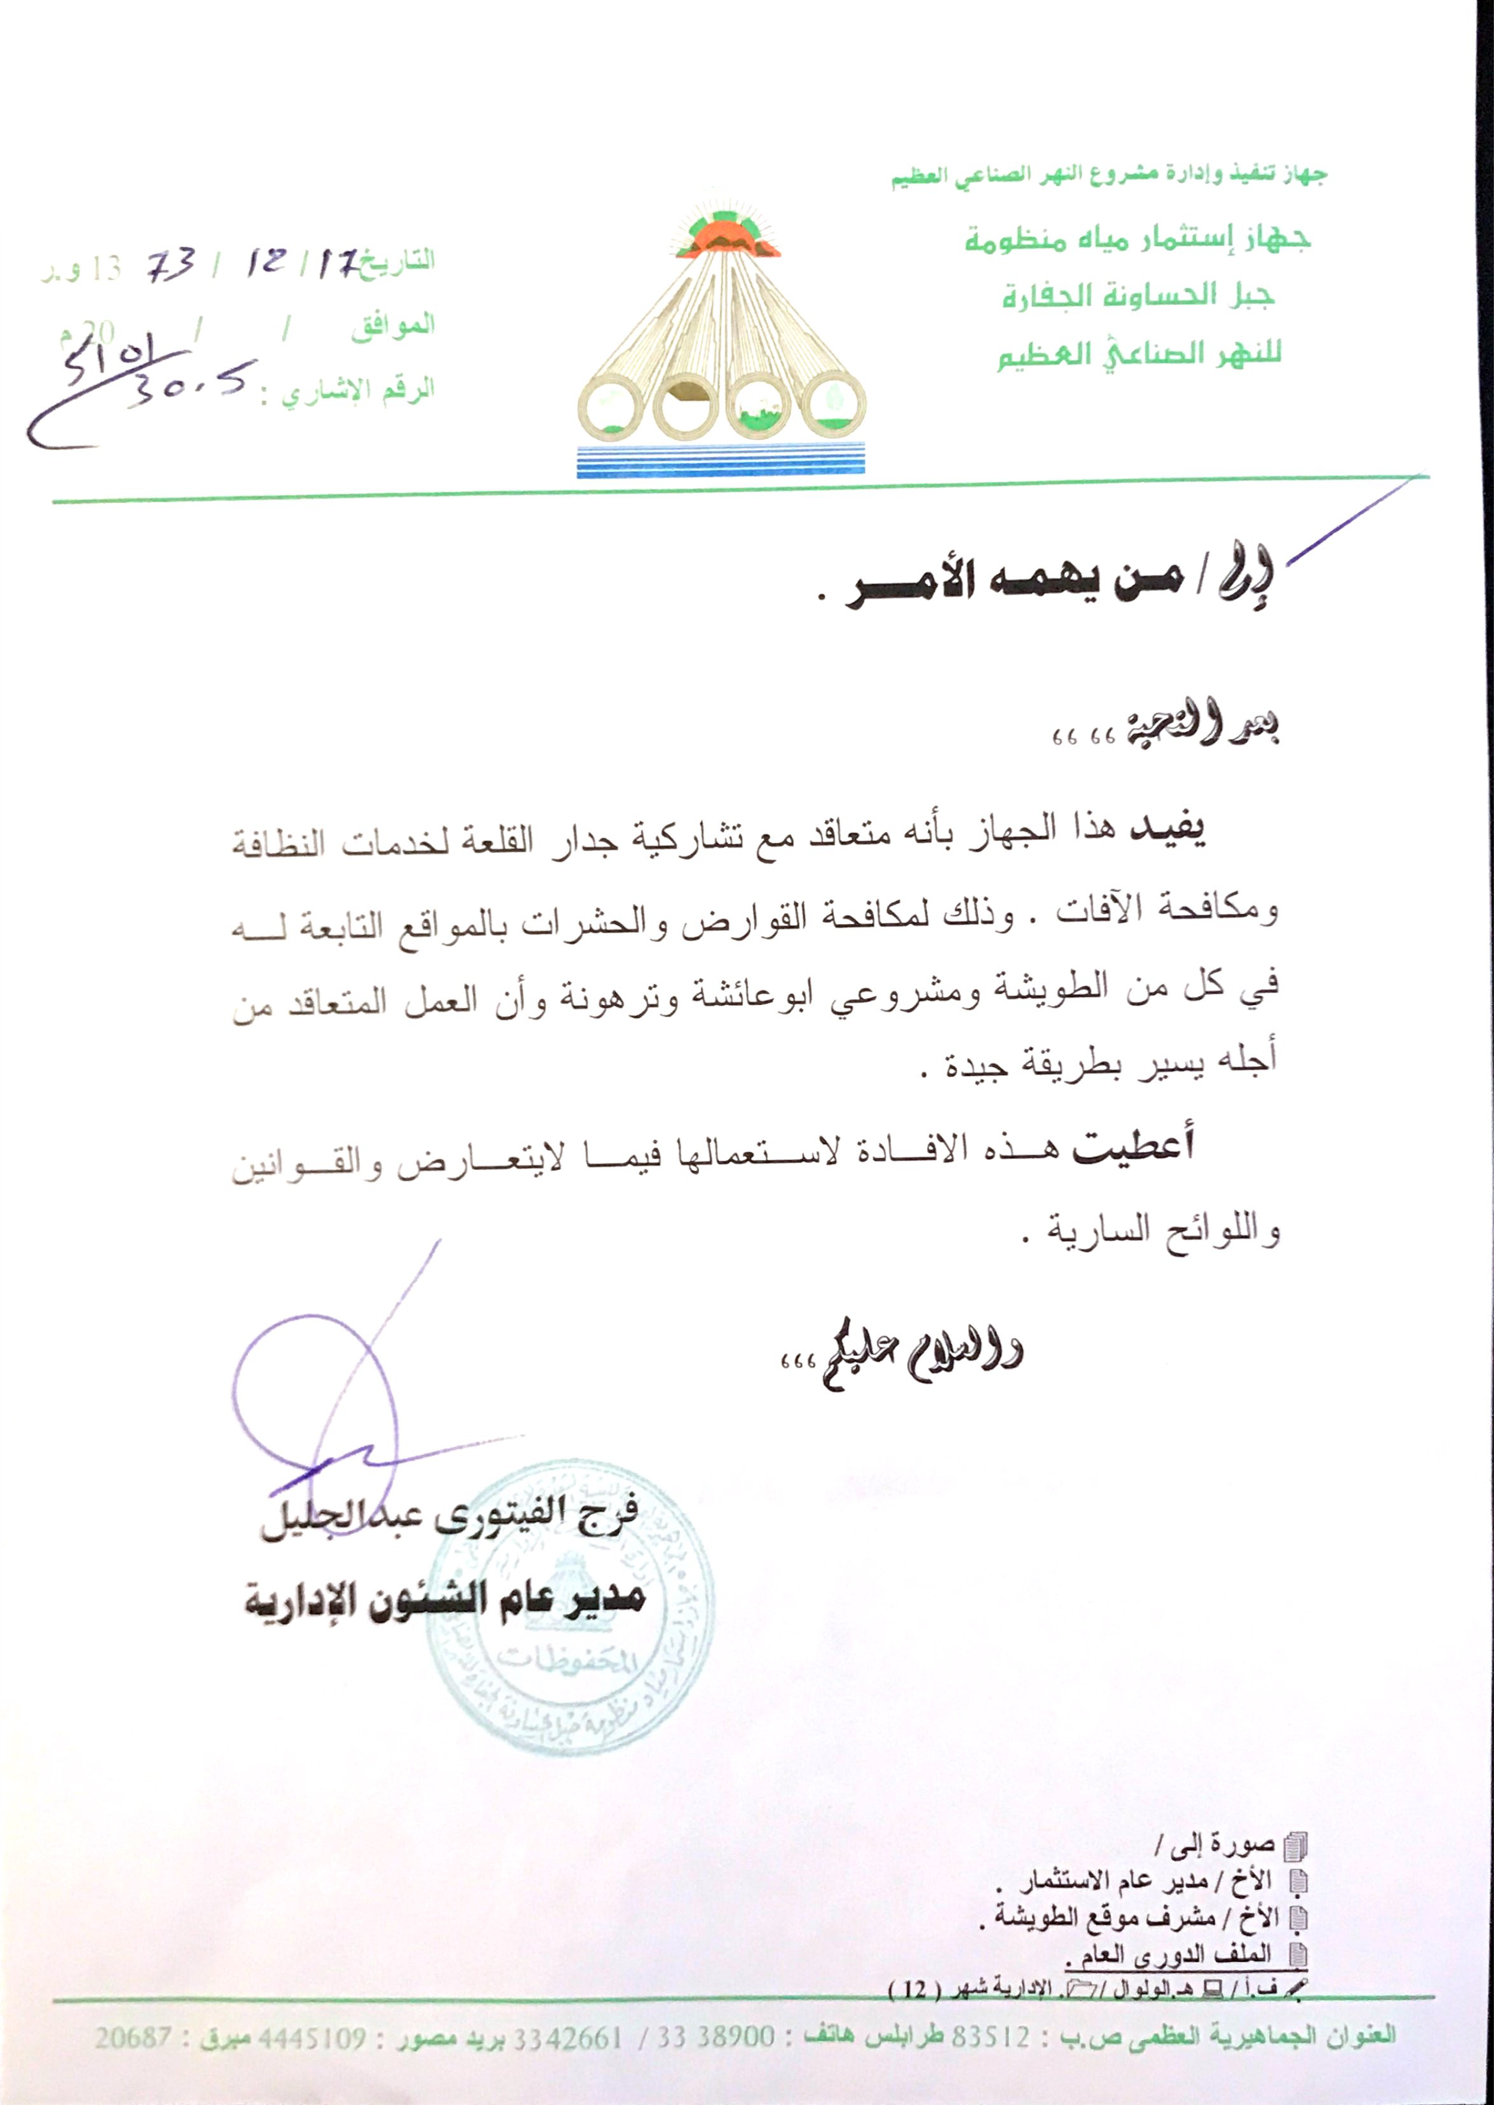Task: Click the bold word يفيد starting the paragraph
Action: (x=1167, y=828)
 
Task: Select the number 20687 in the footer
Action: (x=132, y=2038)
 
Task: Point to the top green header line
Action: (x=1109, y=175)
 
